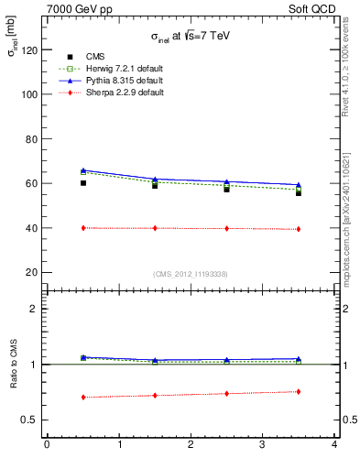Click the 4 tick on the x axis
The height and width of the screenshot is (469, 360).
pyautogui.click(x=334, y=445)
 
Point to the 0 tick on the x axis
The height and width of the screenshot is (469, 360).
pyautogui.click(x=47, y=445)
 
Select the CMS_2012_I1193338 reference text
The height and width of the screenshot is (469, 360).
pyautogui.click(x=191, y=274)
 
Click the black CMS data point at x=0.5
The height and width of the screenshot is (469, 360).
pyautogui.click(x=83, y=183)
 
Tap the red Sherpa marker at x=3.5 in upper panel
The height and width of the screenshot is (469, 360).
pyautogui.click(x=299, y=229)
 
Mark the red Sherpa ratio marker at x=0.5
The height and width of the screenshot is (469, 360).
pyautogui.click(x=83, y=398)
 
